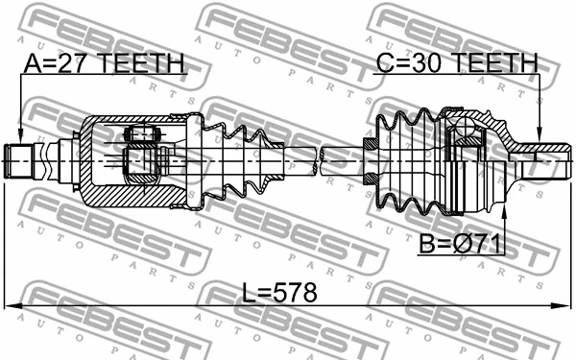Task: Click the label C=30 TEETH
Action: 455,64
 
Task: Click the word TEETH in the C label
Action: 494,64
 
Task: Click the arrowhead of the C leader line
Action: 540,135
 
